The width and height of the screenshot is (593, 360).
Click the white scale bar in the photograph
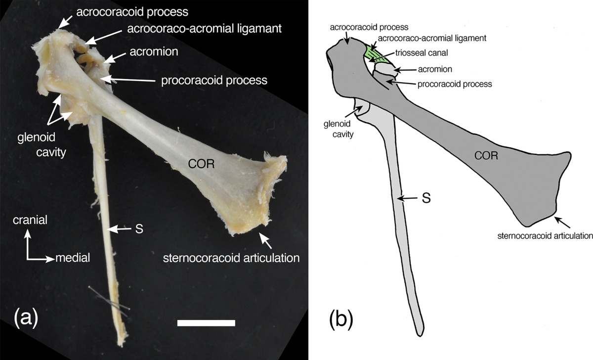coord(206,323)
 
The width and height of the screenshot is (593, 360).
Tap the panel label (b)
coord(341,318)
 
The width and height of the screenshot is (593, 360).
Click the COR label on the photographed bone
coord(201,164)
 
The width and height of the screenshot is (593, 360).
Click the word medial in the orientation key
coord(73,258)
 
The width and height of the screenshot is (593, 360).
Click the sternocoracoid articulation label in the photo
coord(232,258)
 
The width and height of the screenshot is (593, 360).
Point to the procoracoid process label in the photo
coord(214,80)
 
